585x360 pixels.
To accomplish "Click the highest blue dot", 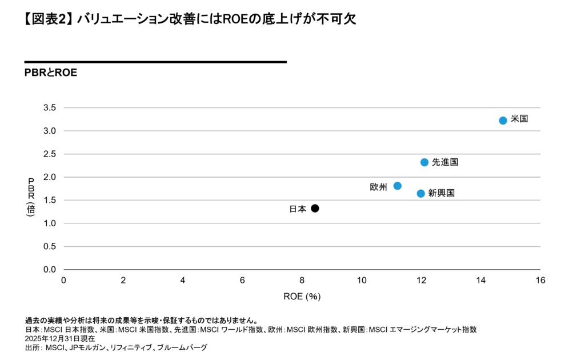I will pos(503,121).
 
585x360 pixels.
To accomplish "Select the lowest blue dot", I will pos(421,194).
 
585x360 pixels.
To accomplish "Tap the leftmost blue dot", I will pos(398,186).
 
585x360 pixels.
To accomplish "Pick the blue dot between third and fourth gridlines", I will pos(424,162).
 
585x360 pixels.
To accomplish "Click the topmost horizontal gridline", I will pos(302,107).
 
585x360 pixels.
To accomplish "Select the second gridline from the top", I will pos(302,131).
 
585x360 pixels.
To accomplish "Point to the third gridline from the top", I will pos(302,154).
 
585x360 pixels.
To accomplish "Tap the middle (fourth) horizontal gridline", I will pos(302,177).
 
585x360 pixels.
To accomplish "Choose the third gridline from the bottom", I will pos(302,200).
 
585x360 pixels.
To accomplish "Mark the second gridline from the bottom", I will pos(302,223).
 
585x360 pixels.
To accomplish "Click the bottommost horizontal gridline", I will pos(302,246).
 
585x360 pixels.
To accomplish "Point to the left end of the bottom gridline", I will pos(65,246).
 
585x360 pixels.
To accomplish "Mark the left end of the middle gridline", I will pos(65,177).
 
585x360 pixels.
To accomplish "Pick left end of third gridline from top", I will pos(65,154).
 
